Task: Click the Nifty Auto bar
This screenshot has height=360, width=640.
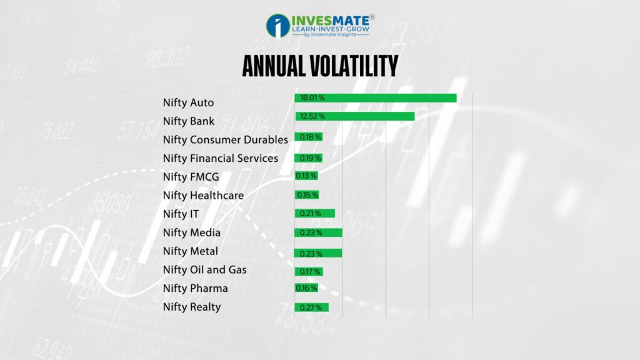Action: click(x=376, y=98)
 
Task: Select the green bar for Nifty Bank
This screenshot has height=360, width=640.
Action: click(x=355, y=116)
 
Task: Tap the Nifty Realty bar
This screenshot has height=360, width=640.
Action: click(x=311, y=307)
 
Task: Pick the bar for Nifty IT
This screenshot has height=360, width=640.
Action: click(x=315, y=213)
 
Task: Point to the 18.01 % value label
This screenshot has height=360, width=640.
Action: click(x=312, y=98)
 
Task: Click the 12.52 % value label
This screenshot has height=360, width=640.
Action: click(x=312, y=116)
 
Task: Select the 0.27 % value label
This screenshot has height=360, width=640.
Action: click(x=311, y=307)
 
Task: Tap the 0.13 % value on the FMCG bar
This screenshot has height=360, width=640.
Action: click(x=306, y=176)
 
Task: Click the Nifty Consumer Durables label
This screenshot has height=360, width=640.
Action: click(x=225, y=140)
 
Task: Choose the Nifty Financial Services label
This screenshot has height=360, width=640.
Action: click(x=221, y=158)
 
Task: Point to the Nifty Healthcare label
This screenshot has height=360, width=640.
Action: click(x=203, y=196)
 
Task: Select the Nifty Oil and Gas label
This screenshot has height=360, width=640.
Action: click(x=204, y=270)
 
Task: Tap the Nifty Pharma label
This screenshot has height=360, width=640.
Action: click(x=196, y=288)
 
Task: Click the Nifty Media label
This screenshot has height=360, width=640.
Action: click(x=191, y=232)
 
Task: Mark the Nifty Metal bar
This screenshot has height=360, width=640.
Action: click(x=318, y=253)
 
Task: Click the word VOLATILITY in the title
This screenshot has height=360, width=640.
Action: click(x=354, y=66)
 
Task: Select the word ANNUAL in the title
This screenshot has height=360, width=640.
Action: click(x=274, y=66)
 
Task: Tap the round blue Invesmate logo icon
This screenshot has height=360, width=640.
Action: click(x=278, y=26)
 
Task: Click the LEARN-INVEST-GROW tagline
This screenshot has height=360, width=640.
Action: click(x=330, y=29)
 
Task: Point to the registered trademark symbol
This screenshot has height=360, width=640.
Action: click(x=372, y=17)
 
